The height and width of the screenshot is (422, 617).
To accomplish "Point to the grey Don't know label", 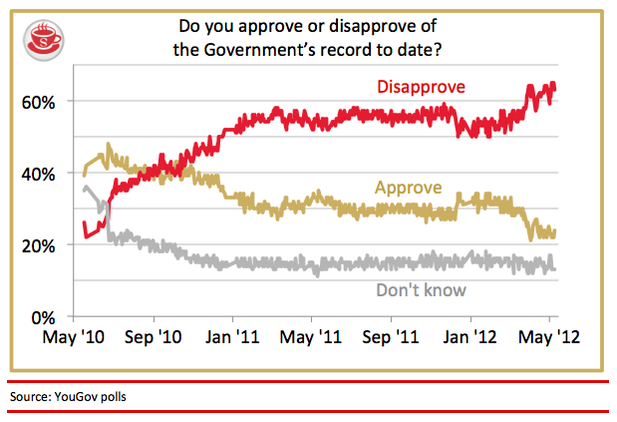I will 422,291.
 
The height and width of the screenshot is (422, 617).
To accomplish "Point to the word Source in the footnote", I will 30,397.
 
